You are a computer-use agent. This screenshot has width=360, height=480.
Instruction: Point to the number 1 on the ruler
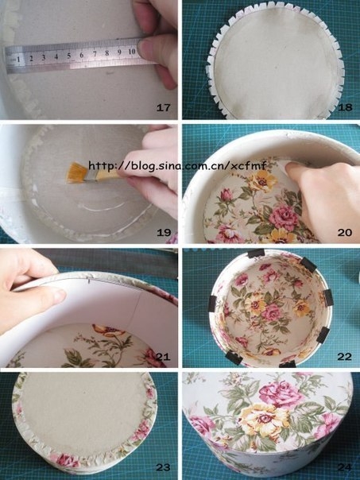[x=19, y=58]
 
